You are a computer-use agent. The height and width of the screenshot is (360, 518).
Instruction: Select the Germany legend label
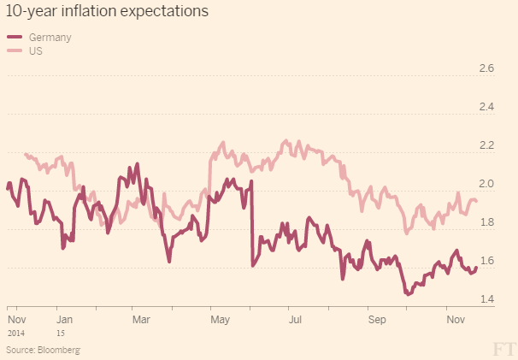point(50,38)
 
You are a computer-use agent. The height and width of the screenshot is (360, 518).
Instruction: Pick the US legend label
point(36,50)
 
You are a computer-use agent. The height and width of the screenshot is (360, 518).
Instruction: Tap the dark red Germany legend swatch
point(15,38)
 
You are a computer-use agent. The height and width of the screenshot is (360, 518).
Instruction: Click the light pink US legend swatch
point(15,50)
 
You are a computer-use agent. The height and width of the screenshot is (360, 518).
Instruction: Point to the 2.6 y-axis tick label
point(486,68)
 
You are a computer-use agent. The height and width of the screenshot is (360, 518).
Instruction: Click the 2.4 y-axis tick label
point(486,107)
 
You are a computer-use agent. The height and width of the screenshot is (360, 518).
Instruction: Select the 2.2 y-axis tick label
point(486,145)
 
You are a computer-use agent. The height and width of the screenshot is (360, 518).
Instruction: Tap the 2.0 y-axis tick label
point(486,184)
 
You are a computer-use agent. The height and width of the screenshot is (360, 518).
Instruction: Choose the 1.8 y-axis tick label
point(486,222)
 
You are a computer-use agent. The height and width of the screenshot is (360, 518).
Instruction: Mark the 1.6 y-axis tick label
point(486,261)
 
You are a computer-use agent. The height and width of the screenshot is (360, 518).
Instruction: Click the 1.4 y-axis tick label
point(486,299)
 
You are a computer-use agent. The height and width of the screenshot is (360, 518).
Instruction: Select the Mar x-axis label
point(141,319)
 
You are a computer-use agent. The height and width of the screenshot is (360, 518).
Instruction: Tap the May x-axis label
point(221,319)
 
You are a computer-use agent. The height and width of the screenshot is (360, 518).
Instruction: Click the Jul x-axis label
point(296,319)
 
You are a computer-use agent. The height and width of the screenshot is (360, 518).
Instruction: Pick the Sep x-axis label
point(377,319)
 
